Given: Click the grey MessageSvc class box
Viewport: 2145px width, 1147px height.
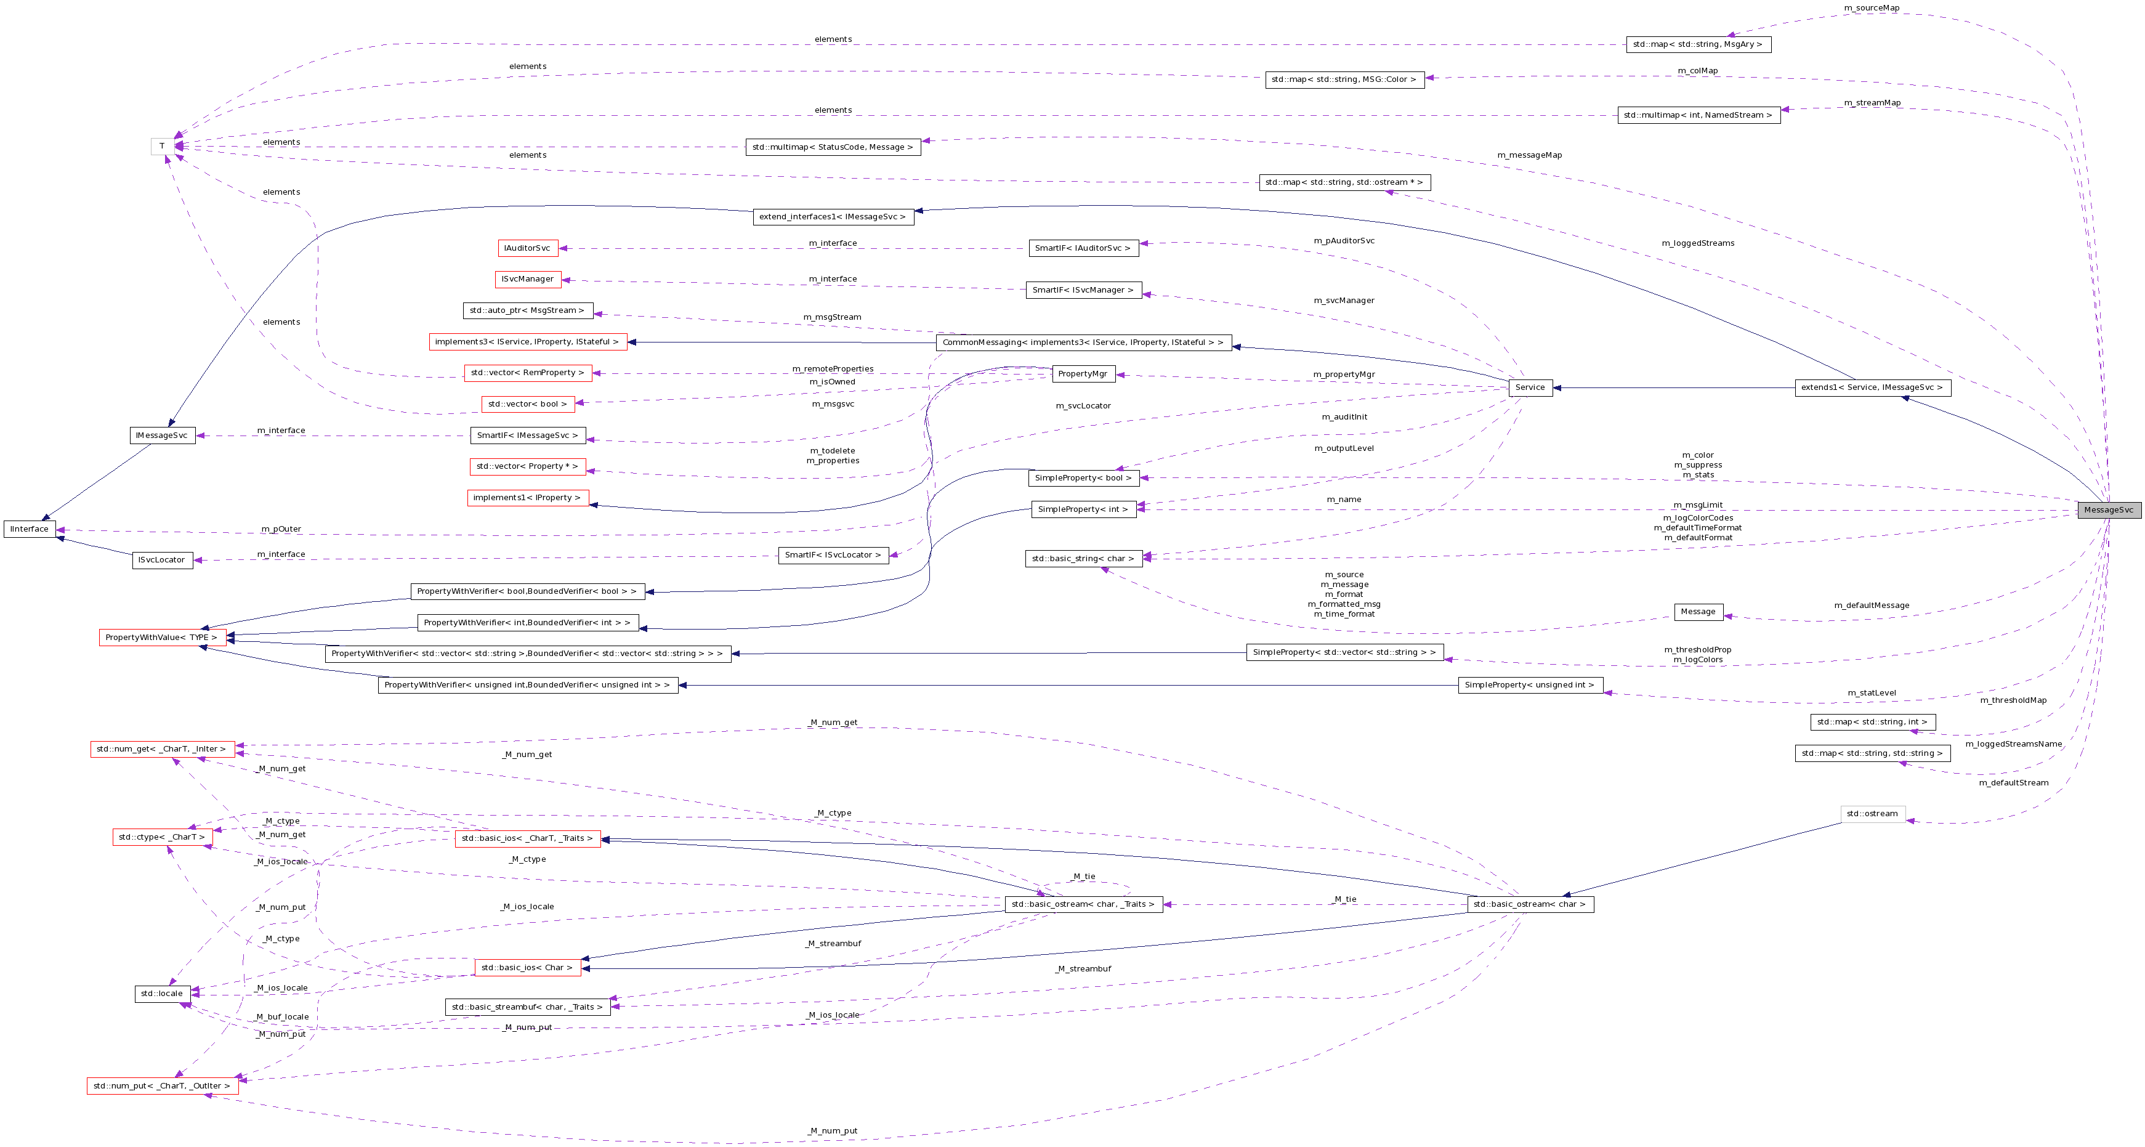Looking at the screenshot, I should click(x=2109, y=510).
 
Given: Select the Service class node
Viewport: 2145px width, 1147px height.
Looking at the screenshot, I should click(x=1530, y=387).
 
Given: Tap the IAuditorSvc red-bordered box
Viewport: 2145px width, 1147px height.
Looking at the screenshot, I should click(x=527, y=248).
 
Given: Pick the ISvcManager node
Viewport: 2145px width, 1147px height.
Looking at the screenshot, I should click(x=527, y=279).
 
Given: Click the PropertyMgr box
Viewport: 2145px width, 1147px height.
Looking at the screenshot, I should click(x=1083, y=374).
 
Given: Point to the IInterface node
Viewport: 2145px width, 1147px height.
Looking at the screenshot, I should click(x=29, y=529).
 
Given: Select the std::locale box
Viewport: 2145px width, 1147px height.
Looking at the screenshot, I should click(x=161, y=994).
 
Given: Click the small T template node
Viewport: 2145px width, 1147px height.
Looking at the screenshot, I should click(x=161, y=147).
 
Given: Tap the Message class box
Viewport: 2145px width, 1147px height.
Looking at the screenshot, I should click(x=1697, y=612).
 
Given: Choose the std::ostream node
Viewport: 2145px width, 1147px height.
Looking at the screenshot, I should click(x=1872, y=814).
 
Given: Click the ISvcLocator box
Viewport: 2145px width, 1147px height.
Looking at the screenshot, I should click(x=163, y=560).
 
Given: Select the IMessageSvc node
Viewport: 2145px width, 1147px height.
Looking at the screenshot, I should click(x=163, y=436).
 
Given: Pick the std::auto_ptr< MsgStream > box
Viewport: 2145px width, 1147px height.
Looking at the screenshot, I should click(x=527, y=310).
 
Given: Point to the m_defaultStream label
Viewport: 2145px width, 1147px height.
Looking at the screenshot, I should click(x=2013, y=783).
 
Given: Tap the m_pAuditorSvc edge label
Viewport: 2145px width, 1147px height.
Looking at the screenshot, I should click(x=1343, y=241).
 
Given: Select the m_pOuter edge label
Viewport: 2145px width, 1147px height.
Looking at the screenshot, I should click(x=281, y=529).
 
